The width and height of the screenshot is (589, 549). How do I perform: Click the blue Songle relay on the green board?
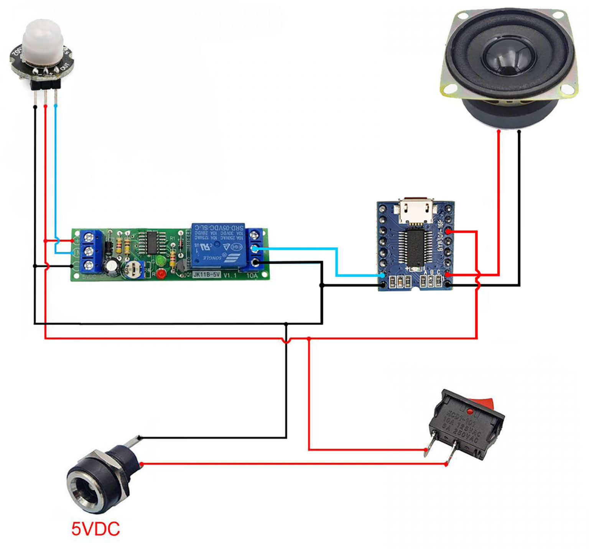tap(218, 245)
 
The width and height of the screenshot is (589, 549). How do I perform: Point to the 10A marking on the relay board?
tap(252, 275)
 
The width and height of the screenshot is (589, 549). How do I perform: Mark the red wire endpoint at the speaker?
tap(499, 131)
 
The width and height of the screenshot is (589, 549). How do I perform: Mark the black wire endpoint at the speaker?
tap(519, 131)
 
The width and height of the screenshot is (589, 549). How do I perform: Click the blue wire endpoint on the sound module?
tap(382, 275)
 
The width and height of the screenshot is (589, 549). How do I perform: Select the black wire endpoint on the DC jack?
tap(140, 438)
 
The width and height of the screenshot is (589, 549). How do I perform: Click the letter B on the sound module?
tap(432, 273)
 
